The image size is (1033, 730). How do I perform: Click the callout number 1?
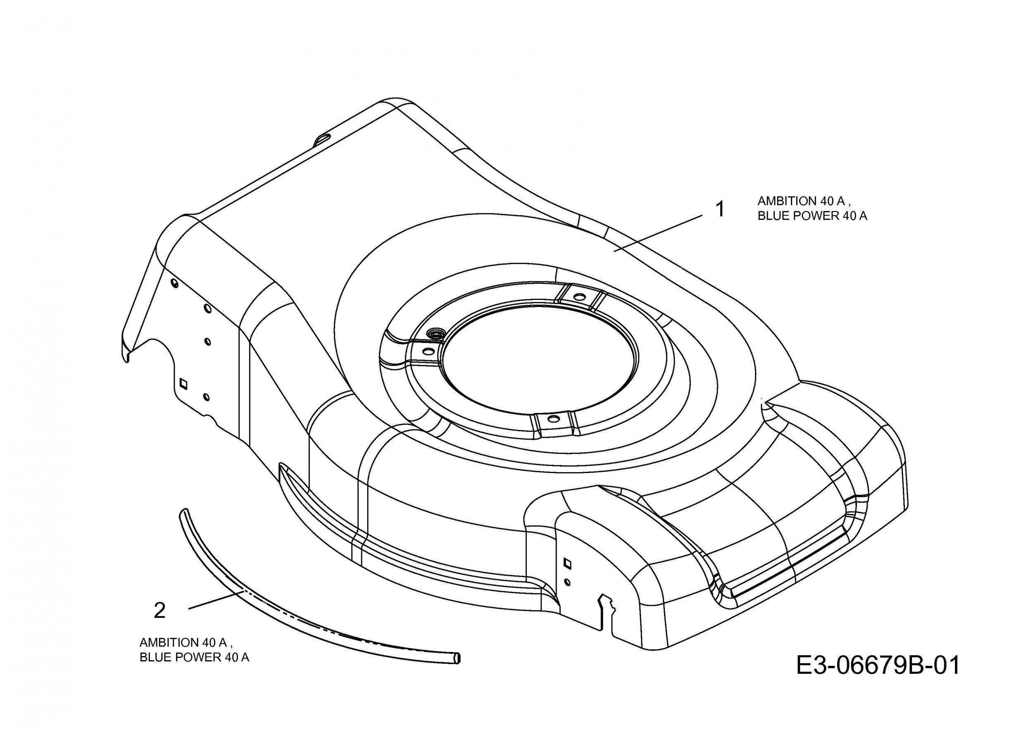(720, 209)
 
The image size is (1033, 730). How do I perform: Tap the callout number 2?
(160, 610)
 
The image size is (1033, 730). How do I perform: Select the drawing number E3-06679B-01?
(878, 665)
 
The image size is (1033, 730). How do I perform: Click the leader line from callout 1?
(658, 233)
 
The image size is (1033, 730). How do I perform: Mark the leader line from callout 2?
(216, 600)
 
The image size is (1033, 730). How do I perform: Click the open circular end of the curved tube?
(457, 658)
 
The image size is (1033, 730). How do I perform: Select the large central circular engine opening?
(540, 358)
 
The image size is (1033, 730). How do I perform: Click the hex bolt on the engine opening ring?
(436, 334)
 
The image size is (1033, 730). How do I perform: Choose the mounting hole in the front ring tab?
(553, 419)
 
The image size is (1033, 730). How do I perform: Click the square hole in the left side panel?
(183, 383)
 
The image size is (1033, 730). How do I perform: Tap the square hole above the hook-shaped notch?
(567, 563)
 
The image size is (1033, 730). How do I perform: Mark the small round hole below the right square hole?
(567, 582)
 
